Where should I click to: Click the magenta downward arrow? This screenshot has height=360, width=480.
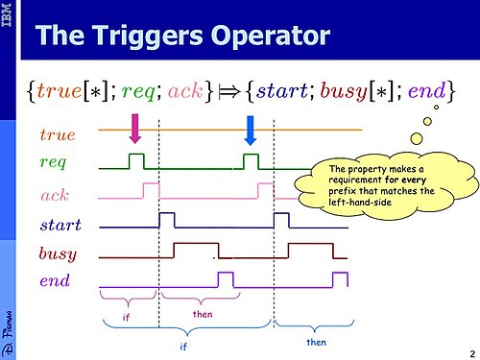coord(135,129)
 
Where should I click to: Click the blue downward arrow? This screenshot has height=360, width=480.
coord(251,131)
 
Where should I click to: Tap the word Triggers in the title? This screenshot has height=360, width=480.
coord(147,36)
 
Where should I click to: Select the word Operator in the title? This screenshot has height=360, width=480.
coord(271,36)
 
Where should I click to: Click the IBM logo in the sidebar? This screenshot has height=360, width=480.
coord(7,14)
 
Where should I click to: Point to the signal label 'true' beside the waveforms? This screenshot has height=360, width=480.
coord(58,134)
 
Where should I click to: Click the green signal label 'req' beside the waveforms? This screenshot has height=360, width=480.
coord(53,162)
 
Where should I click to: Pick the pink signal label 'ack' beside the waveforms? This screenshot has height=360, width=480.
coord(55,195)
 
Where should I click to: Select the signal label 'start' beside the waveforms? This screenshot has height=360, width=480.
coord(60,225)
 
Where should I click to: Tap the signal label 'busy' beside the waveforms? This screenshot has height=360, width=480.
coord(58,253)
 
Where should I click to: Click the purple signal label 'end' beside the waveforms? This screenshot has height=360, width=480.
coord(55,280)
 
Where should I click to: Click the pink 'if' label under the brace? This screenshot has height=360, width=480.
coord(126,317)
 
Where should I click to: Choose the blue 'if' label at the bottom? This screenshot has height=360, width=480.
coord(183,347)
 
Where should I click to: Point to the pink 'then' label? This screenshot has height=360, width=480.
coord(203,314)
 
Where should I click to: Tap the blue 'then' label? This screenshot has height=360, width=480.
coord(316,343)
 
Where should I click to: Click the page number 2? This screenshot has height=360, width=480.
coord(472,354)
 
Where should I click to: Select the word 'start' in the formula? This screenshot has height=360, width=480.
coord(281,90)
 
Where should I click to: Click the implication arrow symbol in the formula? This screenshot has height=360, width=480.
coord(228,92)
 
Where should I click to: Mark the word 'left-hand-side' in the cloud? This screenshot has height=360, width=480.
coord(360,203)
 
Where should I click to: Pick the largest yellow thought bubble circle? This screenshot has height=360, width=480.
coord(417,138)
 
